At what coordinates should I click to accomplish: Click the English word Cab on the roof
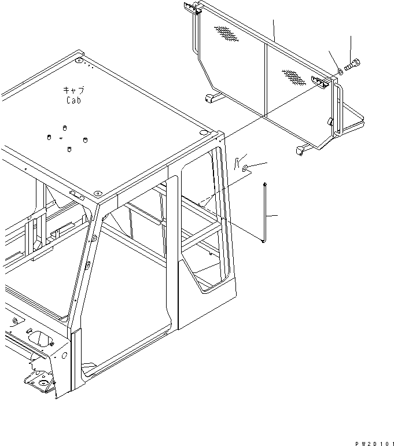coord(73,100)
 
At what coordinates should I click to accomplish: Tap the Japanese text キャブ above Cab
coord(74,90)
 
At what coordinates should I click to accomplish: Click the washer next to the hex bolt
coord(339,72)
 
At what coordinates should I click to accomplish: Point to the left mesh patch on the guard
coord(227,35)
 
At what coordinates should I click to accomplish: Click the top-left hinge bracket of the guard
coord(194,9)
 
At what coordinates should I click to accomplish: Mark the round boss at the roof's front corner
coord(97,193)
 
